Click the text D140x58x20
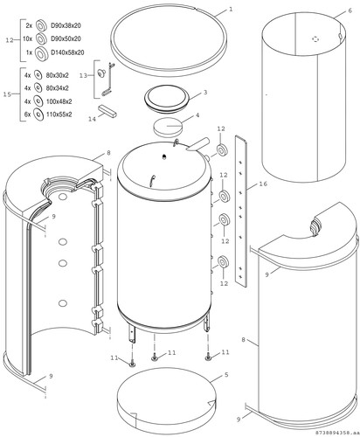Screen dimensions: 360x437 (67, 52)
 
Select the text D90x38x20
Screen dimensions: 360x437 (66, 25)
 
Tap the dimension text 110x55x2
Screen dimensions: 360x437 (59, 114)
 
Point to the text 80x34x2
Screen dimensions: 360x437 (58, 88)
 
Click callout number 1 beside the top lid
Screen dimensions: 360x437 (231, 10)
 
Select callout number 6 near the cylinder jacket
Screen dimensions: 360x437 (350, 10)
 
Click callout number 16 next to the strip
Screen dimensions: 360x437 (263, 184)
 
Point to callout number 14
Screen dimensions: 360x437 (92, 119)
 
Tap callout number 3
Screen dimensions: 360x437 (205, 93)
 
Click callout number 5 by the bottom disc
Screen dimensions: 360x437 (226, 375)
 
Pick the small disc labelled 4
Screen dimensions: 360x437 (169, 127)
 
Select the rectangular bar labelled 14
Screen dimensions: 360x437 (107, 111)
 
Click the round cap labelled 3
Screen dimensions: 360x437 (167, 100)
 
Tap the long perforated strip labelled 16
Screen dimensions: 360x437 (241, 212)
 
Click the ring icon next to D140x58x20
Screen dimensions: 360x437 (42, 53)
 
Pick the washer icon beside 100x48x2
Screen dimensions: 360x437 (38, 101)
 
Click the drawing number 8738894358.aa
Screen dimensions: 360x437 (337, 434)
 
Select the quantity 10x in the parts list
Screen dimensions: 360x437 (27, 39)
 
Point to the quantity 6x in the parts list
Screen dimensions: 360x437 (27, 114)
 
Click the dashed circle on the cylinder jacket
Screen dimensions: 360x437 (315, 38)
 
